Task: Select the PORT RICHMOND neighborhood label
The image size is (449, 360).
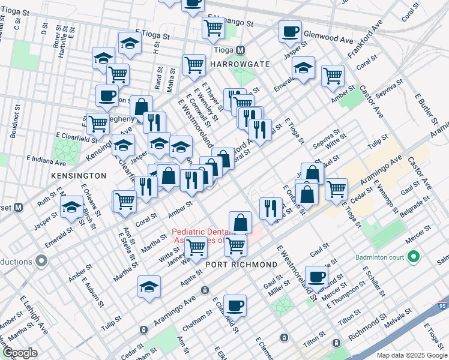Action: coord(241,264)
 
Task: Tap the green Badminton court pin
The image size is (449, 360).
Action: coord(412,257)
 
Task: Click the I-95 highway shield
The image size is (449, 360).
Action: coord(442,305)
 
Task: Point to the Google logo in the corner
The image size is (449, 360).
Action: coord(20,353)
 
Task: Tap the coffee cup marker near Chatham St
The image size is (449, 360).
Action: coord(235,305)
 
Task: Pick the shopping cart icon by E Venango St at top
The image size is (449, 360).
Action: coord(213,27)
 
